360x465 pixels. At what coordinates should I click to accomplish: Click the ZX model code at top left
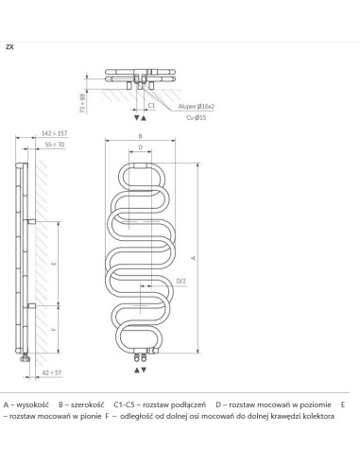[x=9, y=45]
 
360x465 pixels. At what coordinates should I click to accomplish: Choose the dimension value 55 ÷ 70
[x=54, y=145]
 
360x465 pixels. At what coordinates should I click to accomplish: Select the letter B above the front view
[x=140, y=138]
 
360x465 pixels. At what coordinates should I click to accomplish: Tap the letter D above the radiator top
[x=141, y=149]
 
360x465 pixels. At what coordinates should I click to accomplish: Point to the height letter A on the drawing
[x=195, y=257]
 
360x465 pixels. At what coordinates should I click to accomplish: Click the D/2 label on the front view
[x=180, y=281]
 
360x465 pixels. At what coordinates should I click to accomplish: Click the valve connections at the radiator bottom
[x=145, y=354]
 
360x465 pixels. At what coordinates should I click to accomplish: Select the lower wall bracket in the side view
[x=32, y=304]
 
